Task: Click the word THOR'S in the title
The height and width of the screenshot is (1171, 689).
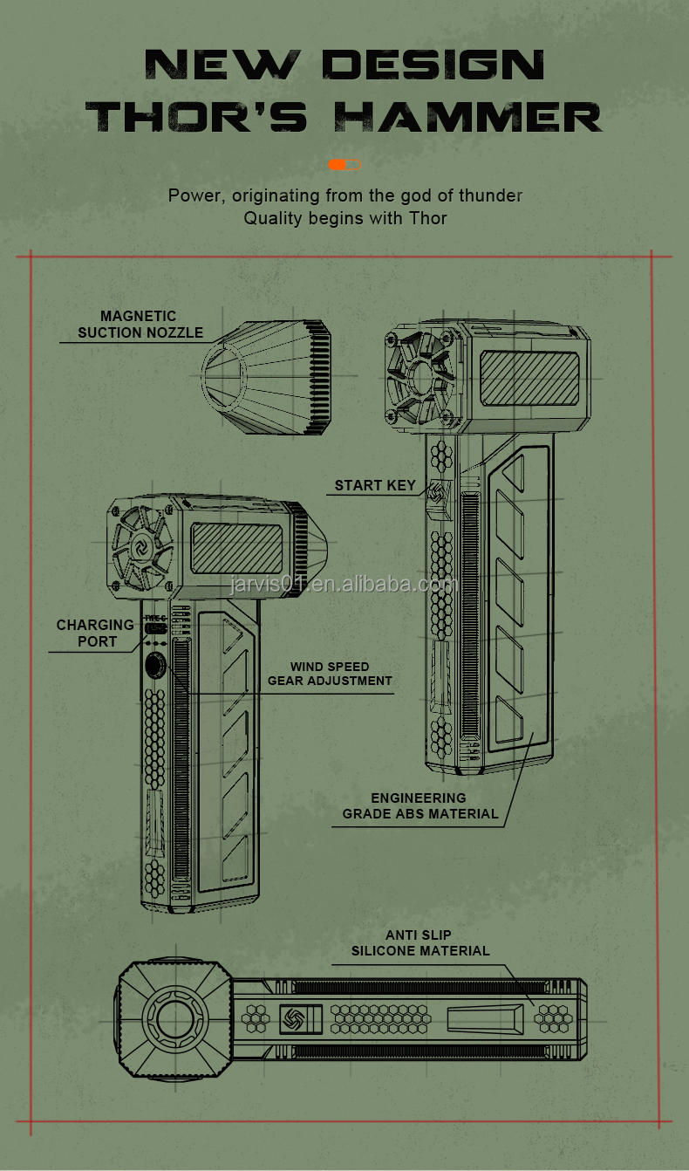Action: point(196,116)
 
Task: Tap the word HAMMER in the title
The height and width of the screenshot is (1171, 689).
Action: point(468,116)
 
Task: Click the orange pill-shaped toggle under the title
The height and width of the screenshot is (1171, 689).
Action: point(344,165)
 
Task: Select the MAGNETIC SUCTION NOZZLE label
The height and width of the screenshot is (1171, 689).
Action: point(140,324)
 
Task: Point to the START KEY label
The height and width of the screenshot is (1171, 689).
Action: point(375,485)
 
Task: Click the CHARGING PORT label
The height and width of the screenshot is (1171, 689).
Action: point(95,633)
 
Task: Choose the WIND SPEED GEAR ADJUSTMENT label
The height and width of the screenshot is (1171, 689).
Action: point(330,674)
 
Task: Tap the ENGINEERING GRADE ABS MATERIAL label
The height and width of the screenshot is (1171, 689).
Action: point(420,805)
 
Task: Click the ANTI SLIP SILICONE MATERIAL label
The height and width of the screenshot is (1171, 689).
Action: point(420,942)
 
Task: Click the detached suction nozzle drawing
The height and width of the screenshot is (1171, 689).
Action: point(266,377)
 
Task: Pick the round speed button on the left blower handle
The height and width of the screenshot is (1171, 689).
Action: point(155,666)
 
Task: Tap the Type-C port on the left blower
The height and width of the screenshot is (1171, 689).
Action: point(155,628)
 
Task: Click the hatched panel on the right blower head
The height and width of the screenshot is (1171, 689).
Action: point(529,379)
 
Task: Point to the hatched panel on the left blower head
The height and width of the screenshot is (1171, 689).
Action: point(236,548)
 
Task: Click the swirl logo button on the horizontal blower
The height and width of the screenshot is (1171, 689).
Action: point(293,1019)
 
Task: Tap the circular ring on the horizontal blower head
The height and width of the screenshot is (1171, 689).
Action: point(176,1020)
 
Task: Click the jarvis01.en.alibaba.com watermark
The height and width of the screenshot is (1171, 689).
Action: point(344,584)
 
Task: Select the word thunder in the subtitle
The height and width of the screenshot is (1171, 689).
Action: point(490,195)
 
